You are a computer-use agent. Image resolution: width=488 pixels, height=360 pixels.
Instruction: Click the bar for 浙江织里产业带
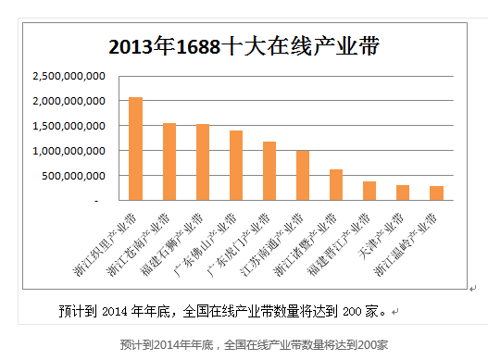(x=135, y=148)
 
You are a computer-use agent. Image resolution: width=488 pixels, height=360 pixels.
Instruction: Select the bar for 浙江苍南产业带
(x=169, y=161)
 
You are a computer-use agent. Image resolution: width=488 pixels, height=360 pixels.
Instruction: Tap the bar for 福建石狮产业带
(x=203, y=162)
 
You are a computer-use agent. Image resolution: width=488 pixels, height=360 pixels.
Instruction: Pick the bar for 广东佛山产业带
(x=236, y=165)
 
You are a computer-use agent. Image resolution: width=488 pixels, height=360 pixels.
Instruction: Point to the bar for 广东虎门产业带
(x=269, y=170)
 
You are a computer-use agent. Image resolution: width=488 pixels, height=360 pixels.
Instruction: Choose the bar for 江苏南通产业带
(x=303, y=175)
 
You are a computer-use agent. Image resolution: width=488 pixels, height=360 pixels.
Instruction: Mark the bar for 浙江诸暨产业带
(x=336, y=184)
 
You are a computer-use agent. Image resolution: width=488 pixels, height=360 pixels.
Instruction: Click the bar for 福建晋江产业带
(x=369, y=191)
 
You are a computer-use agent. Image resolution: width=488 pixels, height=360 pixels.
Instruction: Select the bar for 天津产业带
(x=403, y=192)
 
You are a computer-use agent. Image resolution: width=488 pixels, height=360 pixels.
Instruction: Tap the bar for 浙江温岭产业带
(x=436, y=192)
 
